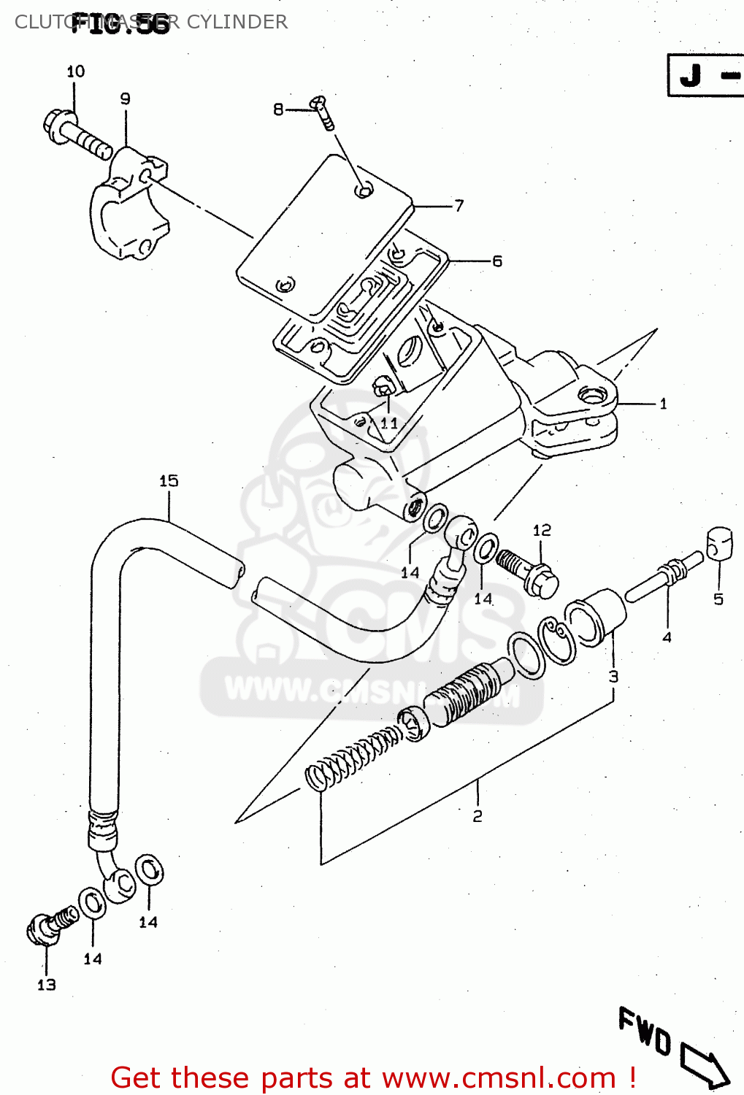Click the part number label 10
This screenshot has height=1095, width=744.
click(75, 72)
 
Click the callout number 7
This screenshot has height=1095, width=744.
click(459, 206)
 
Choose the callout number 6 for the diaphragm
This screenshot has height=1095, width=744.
click(496, 261)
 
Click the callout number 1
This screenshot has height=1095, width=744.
click(663, 404)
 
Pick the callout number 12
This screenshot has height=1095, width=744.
click(542, 530)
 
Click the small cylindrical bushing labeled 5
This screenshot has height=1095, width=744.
click(718, 544)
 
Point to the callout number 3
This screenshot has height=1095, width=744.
click(613, 676)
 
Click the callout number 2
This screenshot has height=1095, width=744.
click(478, 816)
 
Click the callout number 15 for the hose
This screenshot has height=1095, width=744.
click(169, 480)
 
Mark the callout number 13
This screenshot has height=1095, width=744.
click(46, 985)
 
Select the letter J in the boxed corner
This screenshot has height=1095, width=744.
click(691, 75)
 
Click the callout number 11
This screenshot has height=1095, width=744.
click(389, 423)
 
